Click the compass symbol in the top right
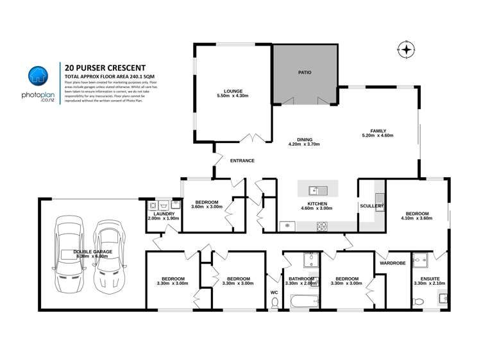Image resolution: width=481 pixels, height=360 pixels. pyautogui.click(x=405, y=49)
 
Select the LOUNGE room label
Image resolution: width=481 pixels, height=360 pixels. pyautogui.click(x=232, y=90)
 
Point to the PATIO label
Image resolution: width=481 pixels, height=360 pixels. pyautogui.click(x=305, y=73)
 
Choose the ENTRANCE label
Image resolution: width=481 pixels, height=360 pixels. pyautogui.click(x=242, y=160)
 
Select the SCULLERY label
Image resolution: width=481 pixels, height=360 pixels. pyautogui.click(x=371, y=206)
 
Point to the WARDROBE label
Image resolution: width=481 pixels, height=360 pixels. pyautogui.click(x=391, y=263)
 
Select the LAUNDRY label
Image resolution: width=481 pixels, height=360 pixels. pyautogui.click(x=163, y=214)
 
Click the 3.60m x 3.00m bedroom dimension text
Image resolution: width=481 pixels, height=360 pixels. pyautogui.click(x=207, y=207)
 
